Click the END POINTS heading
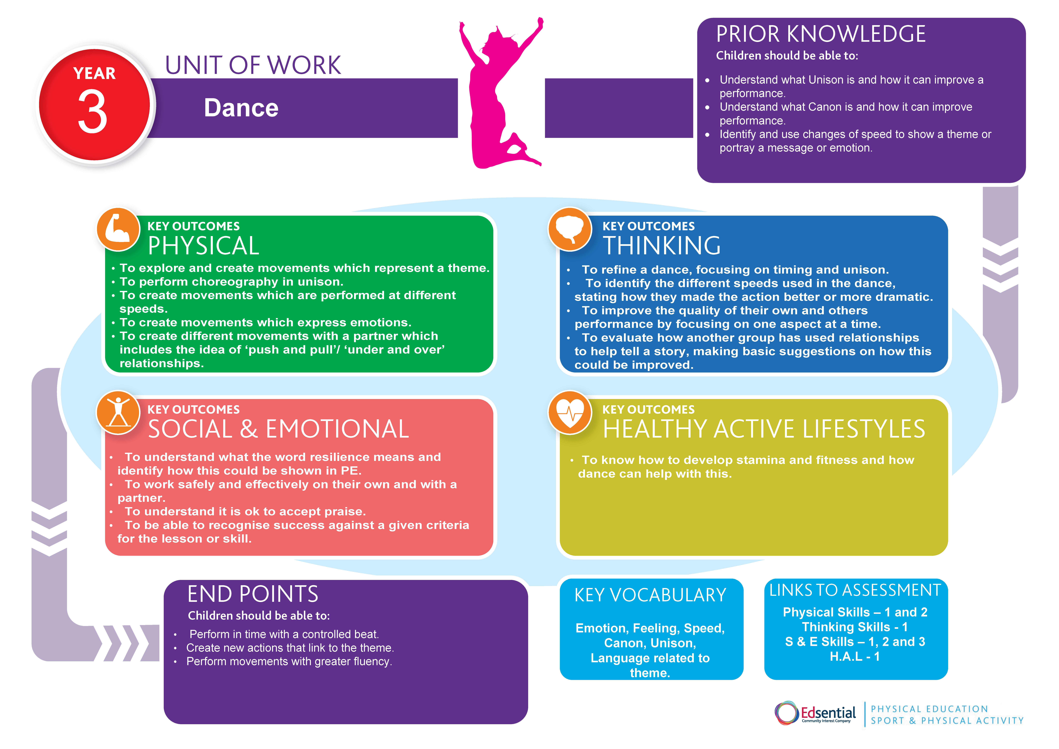[x=253, y=594]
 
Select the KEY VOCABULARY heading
[x=650, y=595]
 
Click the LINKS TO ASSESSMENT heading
[x=855, y=590]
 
